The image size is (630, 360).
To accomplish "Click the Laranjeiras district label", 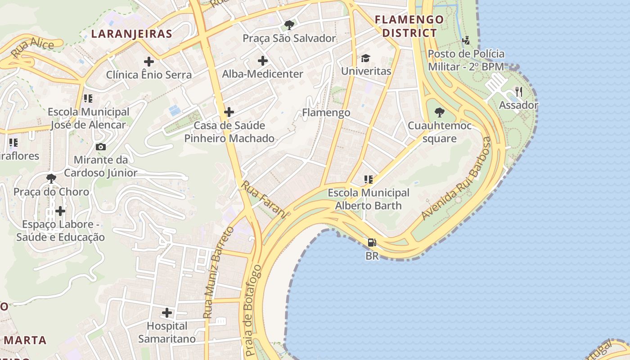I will (131, 34).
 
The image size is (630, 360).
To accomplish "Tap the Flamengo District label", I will (409, 26).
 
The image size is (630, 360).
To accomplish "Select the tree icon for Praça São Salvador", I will (289, 25).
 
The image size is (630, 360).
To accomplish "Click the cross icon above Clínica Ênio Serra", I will (149, 61).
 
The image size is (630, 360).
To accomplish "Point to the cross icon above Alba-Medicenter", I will (263, 60).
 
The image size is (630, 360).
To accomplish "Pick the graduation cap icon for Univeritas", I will (365, 58).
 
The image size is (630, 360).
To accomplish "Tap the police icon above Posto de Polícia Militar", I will (466, 40).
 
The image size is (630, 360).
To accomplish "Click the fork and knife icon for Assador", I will (519, 92).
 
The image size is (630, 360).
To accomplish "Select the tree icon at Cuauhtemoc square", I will (440, 112).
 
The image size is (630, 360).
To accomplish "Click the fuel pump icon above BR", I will (372, 243).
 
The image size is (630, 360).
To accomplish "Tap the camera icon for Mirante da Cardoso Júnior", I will (101, 147).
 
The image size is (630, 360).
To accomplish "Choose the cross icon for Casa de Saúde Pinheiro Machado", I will (229, 112).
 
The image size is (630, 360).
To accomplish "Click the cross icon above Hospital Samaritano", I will (167, 312).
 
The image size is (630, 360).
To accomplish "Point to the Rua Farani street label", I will (264, 199).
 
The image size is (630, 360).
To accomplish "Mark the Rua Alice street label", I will (32, 48).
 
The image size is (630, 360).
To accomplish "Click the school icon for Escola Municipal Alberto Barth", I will (369, 180).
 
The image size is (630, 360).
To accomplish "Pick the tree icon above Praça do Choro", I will (51, 179).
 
